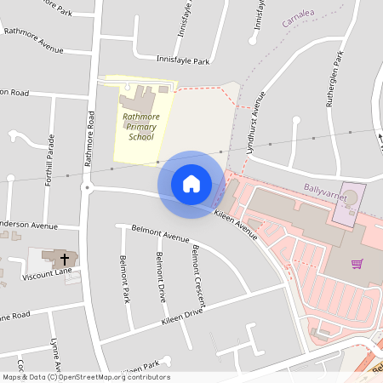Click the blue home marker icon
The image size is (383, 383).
(191, 184)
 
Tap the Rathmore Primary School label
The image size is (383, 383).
(142, 125)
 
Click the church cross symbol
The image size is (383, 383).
(64, 257)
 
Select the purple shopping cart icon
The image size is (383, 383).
(357, 264)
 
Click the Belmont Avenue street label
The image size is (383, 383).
(160, 232)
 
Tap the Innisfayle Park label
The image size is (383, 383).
(183, 61)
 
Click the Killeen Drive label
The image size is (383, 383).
(182, 319)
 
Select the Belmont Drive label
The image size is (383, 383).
(160, 279)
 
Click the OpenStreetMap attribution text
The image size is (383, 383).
(85, 377)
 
